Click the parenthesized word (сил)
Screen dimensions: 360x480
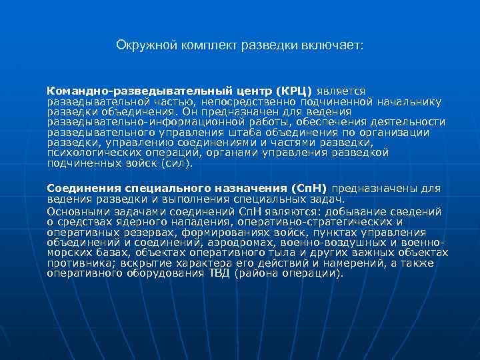click(179, 163)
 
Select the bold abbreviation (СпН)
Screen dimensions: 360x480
click(305, 188)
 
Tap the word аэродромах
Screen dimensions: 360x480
click(251, 242)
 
